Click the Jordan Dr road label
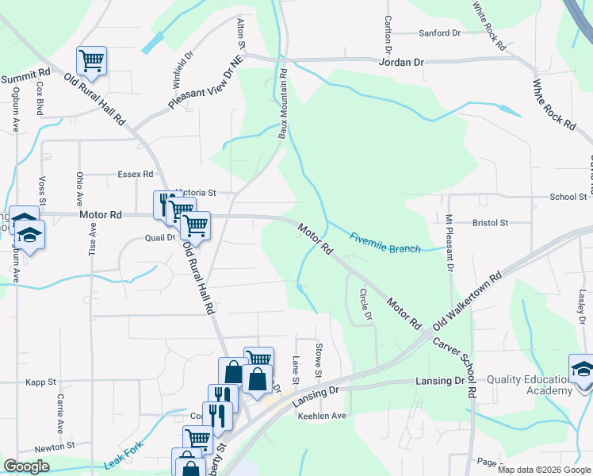point(402,61)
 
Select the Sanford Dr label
point(440,33)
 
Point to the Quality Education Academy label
point(530,385)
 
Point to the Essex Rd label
point(135,174)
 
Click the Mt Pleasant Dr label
point(449,243)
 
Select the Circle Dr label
point(365,304)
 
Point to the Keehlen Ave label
point(322,416)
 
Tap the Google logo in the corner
point(26,466)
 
